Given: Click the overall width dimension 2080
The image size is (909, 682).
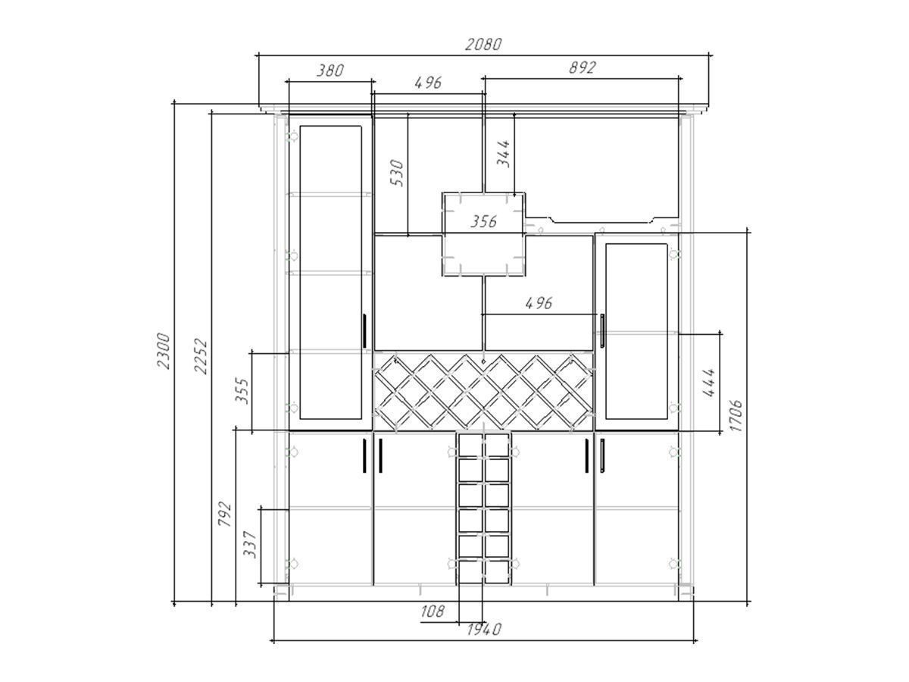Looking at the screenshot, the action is (483, 44).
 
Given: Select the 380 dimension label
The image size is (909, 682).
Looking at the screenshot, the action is (330, 70).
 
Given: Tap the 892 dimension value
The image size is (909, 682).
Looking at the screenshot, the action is (582, 67).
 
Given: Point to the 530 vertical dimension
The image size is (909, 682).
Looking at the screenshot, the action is (397, 173).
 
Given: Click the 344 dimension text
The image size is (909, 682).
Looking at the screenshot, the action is (503, 154).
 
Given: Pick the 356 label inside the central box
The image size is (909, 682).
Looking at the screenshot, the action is (483, 221).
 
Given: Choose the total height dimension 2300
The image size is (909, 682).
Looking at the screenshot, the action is (163, 350).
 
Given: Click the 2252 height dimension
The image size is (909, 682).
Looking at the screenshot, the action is (201, 356).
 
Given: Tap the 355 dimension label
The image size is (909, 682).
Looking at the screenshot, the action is (242, 390).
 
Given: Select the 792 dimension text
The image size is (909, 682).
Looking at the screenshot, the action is (224, 514).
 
